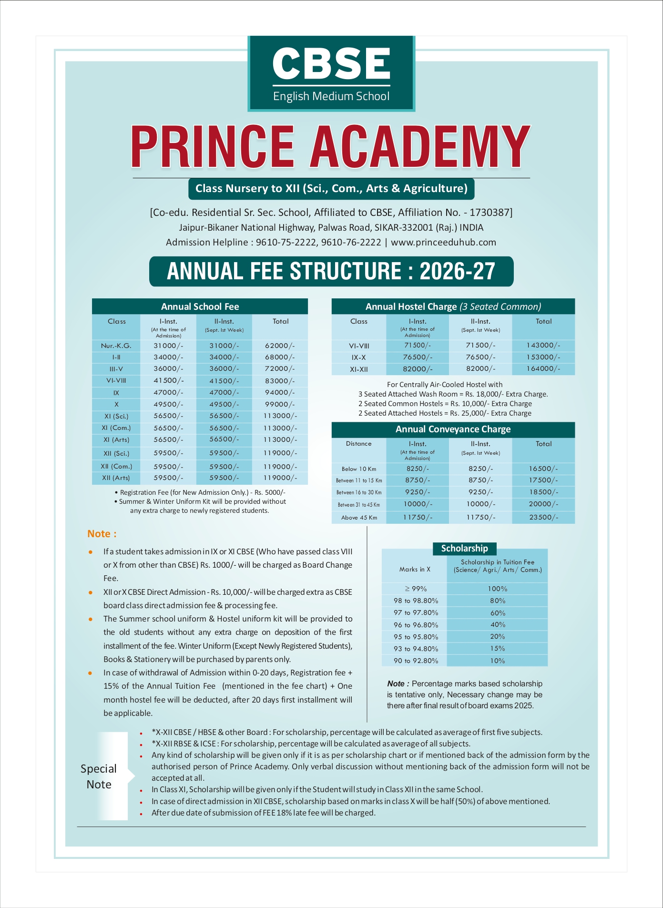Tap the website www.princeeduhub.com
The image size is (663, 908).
coord(443,242)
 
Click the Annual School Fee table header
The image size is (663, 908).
coord(200,306)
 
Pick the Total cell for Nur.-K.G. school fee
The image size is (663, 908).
coord(280,346)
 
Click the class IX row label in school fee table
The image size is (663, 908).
coord(116,393)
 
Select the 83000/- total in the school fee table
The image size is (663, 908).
coord(280,381)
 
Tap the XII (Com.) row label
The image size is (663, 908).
coord(116,466)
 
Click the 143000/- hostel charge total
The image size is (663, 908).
coord(543,345)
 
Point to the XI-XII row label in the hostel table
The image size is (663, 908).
coord(359,369)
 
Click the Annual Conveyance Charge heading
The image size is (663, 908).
coord(453,429)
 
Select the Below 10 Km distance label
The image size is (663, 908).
coord(359,469)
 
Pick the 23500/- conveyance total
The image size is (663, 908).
coord(543,517)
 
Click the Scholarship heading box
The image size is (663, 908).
coord(464,549)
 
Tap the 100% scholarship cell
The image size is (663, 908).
coord(497,589)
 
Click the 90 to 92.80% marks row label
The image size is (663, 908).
coord(415,661)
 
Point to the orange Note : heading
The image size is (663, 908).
coord(102,534)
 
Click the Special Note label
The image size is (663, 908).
coord(99,776)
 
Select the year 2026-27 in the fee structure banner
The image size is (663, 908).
coord(457,271)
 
